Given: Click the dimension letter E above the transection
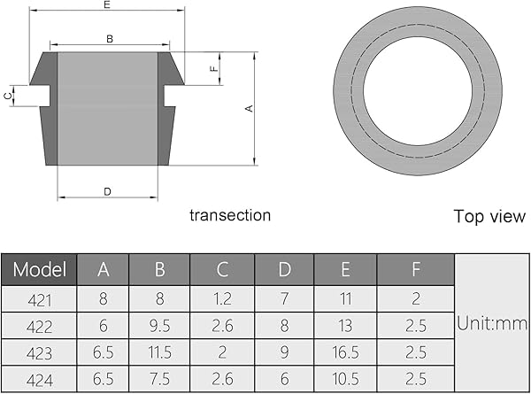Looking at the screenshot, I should tap(107, 5).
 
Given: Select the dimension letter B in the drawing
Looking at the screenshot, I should tap(109, 38).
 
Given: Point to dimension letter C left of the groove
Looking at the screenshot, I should tap(8, 95).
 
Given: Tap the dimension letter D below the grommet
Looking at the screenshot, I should tap(107, 191).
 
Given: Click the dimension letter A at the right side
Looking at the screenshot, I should tap(250, 108).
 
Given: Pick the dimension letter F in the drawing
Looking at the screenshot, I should tap(213, 68).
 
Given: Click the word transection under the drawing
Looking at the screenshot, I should tap(230, 215).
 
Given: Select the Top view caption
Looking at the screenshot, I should tap(489, 216).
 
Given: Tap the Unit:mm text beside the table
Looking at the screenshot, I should tap(492, 324).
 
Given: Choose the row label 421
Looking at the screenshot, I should tap(40, 299).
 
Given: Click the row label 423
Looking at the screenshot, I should tap(40, 353).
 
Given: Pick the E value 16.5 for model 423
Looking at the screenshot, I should tap(345, 353).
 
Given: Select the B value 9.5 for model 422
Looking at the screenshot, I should tap(160, 326).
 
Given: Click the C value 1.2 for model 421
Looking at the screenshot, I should tap(221, 299).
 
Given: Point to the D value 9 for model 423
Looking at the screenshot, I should tap(284, 353).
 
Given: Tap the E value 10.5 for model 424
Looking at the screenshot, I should tap(345, 380).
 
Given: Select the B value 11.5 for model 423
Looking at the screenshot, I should tap(160, 353).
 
